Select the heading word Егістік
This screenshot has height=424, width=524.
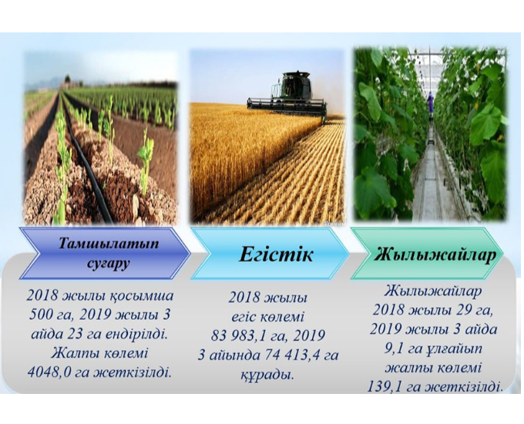[276, 255]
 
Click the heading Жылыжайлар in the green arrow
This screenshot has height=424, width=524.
[434, 255]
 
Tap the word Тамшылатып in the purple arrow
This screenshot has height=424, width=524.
[109, 244]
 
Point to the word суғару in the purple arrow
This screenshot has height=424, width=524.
[109, 264]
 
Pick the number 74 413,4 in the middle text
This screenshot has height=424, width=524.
[292, 355]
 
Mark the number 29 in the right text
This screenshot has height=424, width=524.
[466, 311]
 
